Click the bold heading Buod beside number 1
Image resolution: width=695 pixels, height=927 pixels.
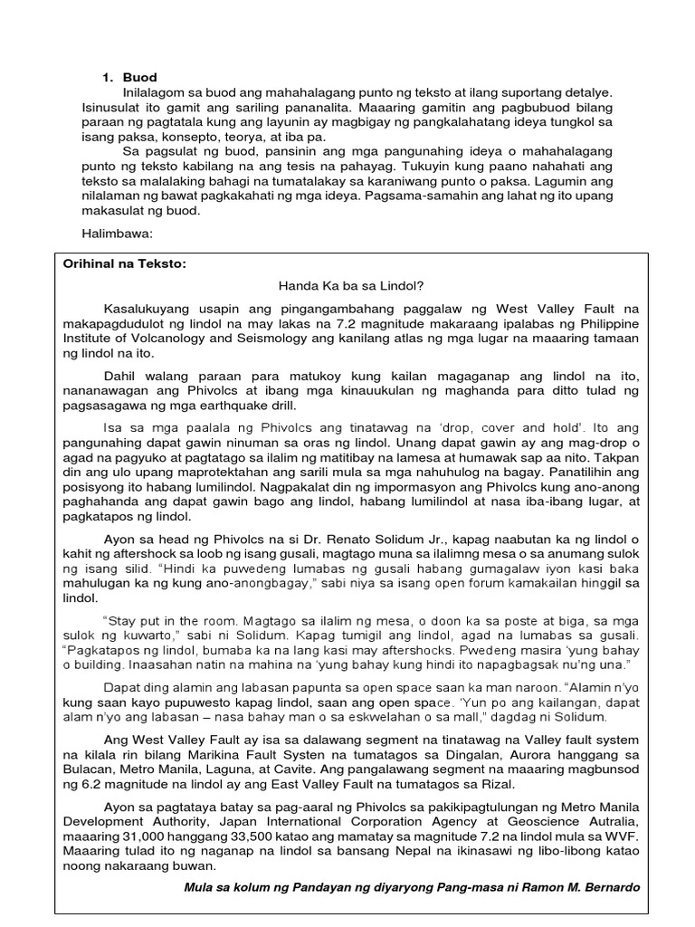[x=140, y=78]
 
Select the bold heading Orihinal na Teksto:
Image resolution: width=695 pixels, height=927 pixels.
[x=123, y=263]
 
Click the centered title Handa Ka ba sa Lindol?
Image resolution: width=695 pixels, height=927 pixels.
[x=351, y=286]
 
